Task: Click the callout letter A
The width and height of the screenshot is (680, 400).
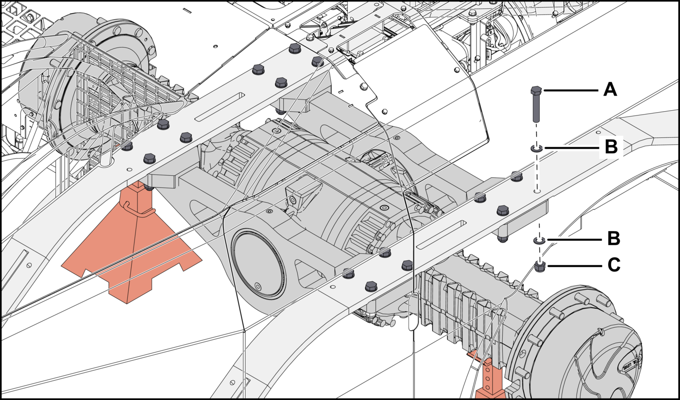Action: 610,90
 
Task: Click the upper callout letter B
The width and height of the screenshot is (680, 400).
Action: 611,147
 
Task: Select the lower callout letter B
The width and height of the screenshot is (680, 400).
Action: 613,238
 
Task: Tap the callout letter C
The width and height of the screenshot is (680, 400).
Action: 614,265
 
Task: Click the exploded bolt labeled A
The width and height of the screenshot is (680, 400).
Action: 536,104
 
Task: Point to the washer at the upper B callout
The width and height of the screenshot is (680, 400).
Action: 537,149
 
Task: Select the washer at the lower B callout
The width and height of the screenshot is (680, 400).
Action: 539,241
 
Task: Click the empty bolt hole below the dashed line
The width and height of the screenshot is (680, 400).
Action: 537,191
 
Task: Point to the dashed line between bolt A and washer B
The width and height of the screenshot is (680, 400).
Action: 537,133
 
